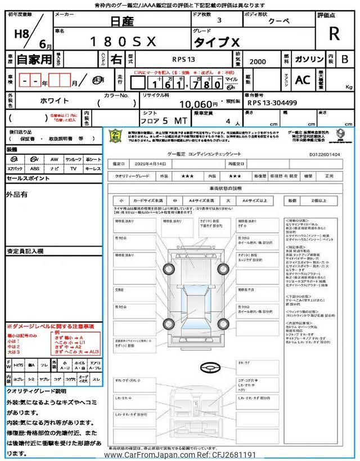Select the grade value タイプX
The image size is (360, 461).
pyautogui.click(x=217, y=42)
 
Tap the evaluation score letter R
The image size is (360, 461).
pyautogui.click(x=334, y=34)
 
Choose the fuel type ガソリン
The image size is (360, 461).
pyautogui.click(x=308, y=59)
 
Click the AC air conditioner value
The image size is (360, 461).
pyautogui.click(x=302, y=80)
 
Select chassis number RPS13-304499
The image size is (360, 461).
pyautogui.click(x=272, y=104)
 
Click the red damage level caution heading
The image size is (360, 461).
pyautogui.click(x=50, y=326)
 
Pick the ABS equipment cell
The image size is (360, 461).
pyautogui.click(x=35, y=168)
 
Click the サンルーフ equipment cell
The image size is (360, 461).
pyautogui.click(x=73, y=160)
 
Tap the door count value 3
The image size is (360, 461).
pyautogui.click(x=219, y=20)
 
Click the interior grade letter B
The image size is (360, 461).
pyautogui.click(x=344, y=59)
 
